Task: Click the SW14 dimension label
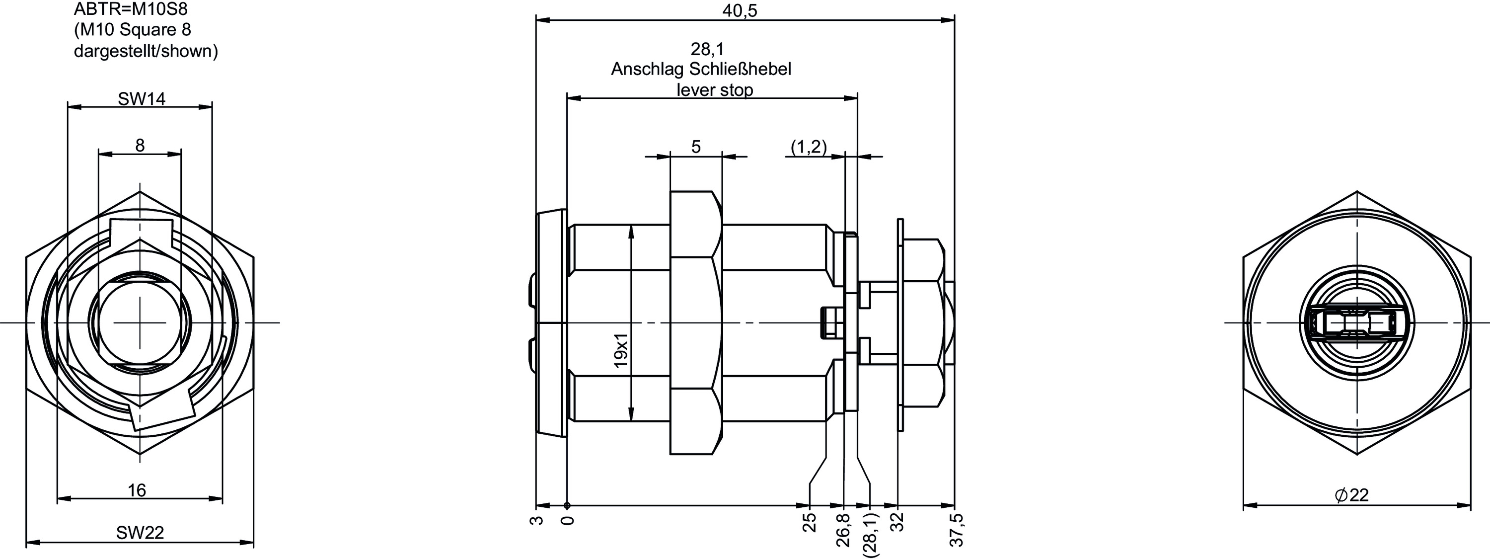[142, 99]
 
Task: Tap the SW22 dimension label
[140, 532]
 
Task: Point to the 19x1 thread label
[621, 351]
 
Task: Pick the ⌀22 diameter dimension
[1352, 495]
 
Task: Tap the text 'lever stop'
[715, 90]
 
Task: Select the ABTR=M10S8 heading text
[131, 9]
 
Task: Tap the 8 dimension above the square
[140, 145]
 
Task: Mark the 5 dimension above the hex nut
[696, 147]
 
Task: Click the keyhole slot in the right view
[1356, 322]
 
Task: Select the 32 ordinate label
[897, 522]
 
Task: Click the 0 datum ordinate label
[569, 520]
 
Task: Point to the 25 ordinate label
[810, 522]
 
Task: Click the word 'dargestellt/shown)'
[146, 52]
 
